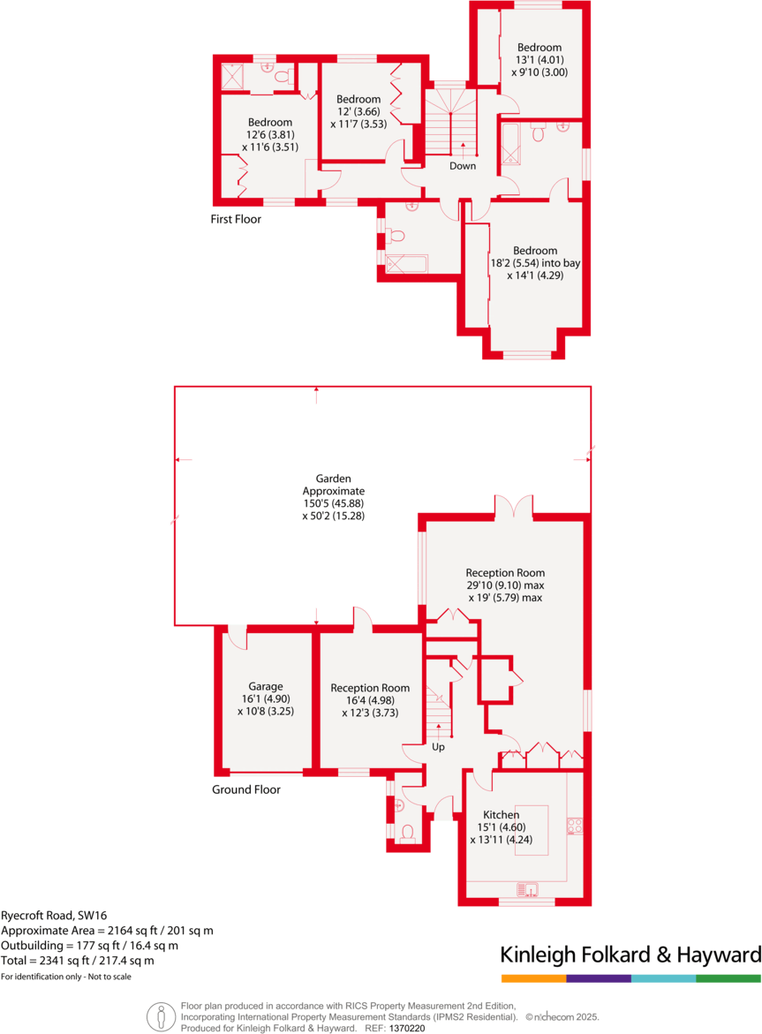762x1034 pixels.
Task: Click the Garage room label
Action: click(265, 685)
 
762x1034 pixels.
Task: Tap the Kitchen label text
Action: click(501, 814)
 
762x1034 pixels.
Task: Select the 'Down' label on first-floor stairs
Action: click(463, 166)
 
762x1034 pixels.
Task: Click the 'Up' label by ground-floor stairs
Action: click(438, 747)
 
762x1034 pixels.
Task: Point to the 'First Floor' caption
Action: click(236, 219)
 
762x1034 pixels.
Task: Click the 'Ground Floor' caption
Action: click(245, 789)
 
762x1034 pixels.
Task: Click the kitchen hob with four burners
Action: click(574, 826)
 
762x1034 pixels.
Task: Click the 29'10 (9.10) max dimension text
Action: click(505, 585)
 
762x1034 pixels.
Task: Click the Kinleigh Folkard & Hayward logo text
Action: click(630, 955)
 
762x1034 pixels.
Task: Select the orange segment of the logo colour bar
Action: click(533, 978)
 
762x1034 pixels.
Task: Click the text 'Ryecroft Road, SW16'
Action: click(54, 916)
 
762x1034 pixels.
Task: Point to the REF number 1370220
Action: click(407, 1029)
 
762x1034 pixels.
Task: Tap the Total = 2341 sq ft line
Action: click(78, 960)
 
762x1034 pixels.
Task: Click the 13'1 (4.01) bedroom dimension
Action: click(539, 60)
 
